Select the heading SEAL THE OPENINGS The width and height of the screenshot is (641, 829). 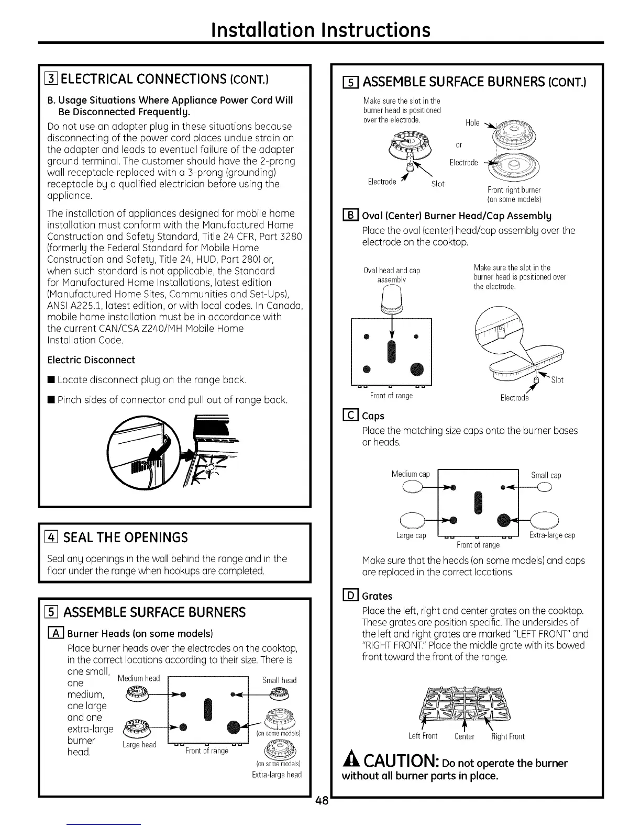click(126, 537)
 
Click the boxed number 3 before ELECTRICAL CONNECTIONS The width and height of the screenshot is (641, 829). click(52, 80)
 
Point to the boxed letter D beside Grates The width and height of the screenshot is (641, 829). click(349, 596)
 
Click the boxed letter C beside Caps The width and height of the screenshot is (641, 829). click(349, 416)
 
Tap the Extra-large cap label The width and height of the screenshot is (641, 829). click(552, 535)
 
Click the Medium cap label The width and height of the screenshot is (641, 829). click(411, 474)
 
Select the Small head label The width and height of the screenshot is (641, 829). click(279, 680)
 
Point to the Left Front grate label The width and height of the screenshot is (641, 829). click(423, 736)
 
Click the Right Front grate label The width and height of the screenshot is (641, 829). click(507, 736)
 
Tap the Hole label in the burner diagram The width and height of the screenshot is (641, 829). click(472, 122)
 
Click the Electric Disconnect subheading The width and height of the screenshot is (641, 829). click(91, 360)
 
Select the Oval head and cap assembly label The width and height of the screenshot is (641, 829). click(392, 275)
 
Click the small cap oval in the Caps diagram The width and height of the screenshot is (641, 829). click(545, 487)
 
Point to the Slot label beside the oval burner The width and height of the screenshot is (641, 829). click(557, 380)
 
